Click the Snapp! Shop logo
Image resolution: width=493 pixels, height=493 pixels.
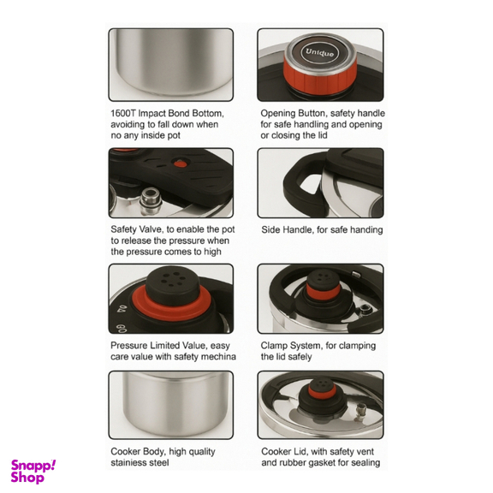33,471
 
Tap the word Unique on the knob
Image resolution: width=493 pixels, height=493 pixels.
320,52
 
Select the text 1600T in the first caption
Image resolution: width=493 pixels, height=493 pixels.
123,113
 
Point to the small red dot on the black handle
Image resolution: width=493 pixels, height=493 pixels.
180,163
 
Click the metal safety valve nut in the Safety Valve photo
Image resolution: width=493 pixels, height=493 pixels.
151,200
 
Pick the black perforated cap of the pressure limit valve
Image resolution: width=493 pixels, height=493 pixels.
172,282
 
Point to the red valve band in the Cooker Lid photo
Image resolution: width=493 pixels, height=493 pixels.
323,392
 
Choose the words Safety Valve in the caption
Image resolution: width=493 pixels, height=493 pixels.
137,229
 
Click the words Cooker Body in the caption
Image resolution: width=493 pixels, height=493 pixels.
137,452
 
